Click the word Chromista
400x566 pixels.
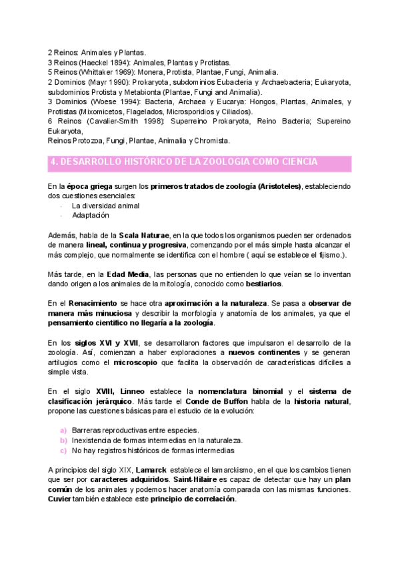tap(213, 141)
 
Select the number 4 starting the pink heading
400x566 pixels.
tap(53, 162)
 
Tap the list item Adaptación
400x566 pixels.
tap(90, 216)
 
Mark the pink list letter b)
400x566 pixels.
tap(63, 441)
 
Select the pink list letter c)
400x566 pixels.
tap(63, 451)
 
